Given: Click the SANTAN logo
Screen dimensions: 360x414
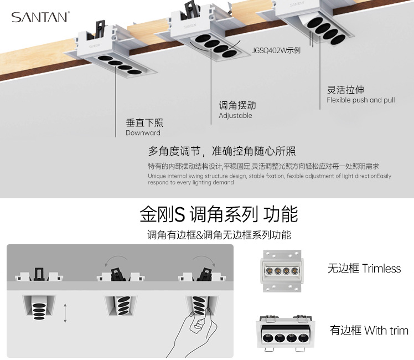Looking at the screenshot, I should (x=40, y=17).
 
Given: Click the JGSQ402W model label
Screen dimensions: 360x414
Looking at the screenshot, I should (x=276, y=50).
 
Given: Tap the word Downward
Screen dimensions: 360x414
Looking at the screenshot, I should (x=143, y=133).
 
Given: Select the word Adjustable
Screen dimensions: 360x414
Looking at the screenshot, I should (x=235, y=116).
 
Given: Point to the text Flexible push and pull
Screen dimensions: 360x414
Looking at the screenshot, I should (x=360, y=100).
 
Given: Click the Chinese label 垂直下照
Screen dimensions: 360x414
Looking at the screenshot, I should (x=144, y=122).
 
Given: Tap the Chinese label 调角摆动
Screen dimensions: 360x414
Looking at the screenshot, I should (x=237, y=105).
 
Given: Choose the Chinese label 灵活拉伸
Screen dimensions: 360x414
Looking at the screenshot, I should (x=345, y=90).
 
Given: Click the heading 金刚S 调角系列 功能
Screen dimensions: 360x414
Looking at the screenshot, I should (x=219, y=214).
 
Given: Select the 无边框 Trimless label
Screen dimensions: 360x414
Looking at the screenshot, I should (x=364, y=269).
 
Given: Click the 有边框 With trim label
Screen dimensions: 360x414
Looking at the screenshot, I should (x=369, y=331).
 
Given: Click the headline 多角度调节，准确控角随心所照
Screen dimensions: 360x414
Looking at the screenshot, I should (x=221, y=151).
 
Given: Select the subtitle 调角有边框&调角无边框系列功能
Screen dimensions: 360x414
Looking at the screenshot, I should (x=219, y=235).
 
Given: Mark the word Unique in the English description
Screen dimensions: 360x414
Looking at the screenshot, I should (x=158, y=176).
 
